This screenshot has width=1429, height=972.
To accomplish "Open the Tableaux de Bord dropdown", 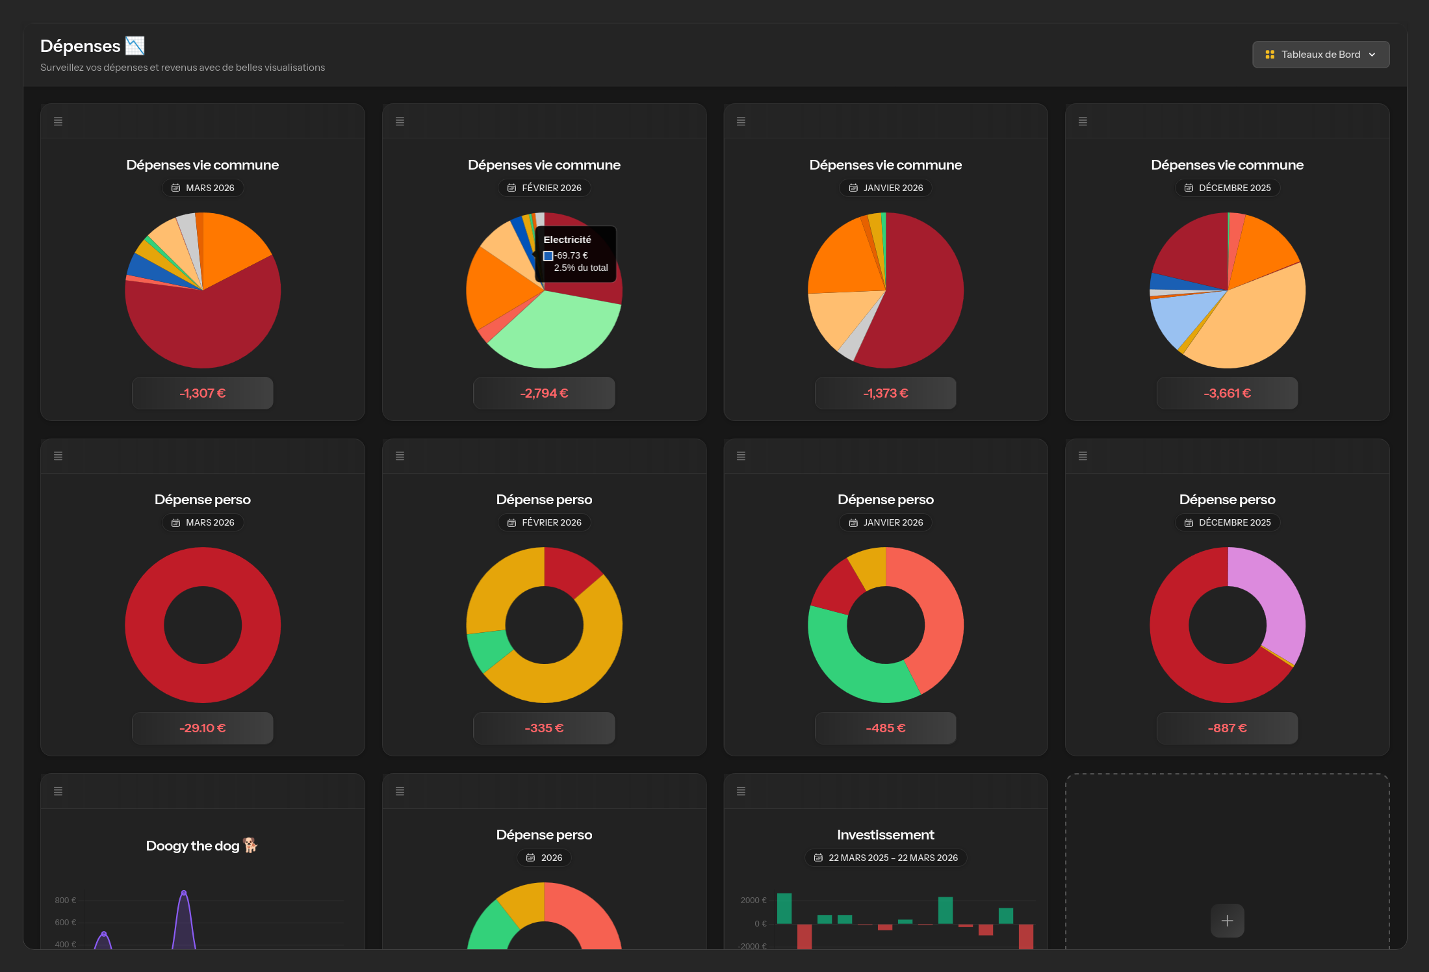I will click(1320, 55).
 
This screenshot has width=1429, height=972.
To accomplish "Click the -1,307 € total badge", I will click(202, 393).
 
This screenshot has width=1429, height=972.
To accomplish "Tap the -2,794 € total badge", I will click(544, 393).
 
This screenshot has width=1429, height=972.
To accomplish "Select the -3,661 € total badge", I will click(1227, 393).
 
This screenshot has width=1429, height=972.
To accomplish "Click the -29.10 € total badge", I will click(202, 728).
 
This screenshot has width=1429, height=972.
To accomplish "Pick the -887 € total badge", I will click(1227, 728).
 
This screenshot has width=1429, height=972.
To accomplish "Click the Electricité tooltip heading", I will click(567, 240).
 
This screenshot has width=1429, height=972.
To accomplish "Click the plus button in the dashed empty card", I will click(1227, 921).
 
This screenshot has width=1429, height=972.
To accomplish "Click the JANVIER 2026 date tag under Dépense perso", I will click(886, 522).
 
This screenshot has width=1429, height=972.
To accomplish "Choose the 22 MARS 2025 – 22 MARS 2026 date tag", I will click(886, 858).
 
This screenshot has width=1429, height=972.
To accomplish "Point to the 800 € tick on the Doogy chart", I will click(65, 901).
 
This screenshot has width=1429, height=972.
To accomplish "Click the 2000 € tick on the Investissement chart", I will click(753, 901).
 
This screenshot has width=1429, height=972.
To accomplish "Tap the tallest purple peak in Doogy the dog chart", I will click(184, 893).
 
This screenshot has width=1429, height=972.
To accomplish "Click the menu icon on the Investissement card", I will click(741, 791).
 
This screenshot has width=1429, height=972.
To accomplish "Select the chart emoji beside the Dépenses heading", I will click(135, 45).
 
